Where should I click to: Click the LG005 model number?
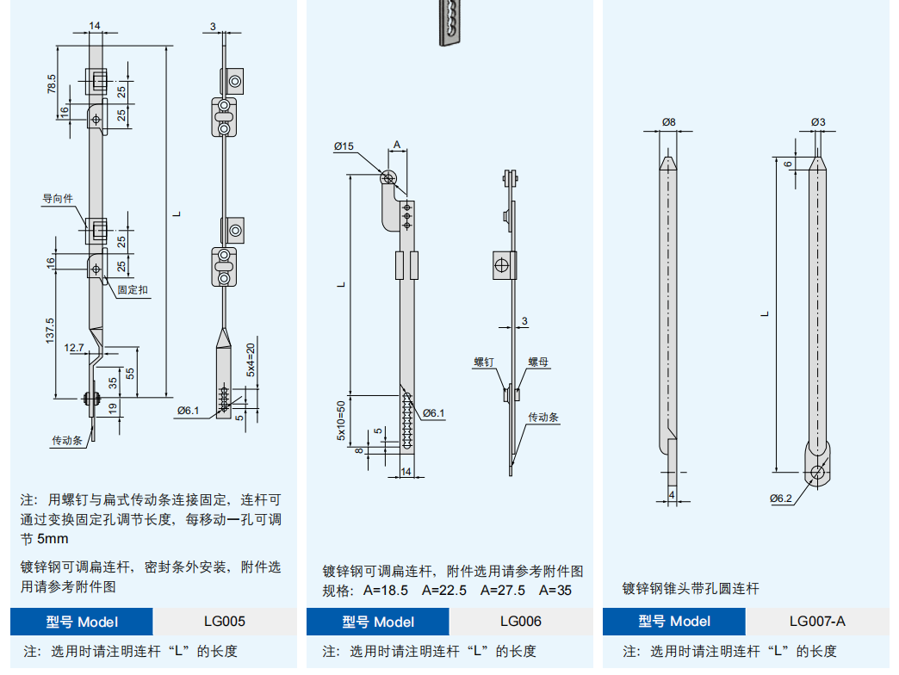point(225,621)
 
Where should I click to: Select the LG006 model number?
point(521,621)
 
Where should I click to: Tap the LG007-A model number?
point(817,621)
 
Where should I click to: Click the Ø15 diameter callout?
point(344,146)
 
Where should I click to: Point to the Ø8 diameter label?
point(669,122)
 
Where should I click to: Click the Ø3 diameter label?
point(817,122)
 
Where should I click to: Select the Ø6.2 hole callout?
point(780,499)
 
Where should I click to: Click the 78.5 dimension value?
point(52,84)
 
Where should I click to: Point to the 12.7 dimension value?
point(74,348)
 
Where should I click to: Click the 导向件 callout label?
point(58,199)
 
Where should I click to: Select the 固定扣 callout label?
point(133,290)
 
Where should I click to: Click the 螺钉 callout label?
point(483,362)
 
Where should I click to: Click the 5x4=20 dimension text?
point(251,361)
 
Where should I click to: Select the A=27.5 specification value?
point(501,591)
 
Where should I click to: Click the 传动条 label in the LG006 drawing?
point(543,418)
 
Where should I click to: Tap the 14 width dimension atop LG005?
point(94,27)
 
